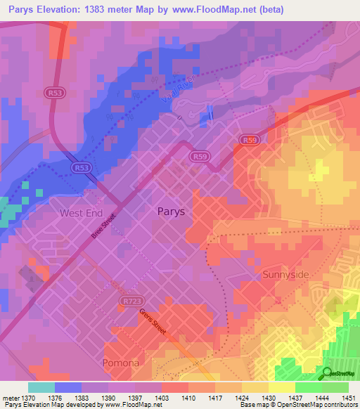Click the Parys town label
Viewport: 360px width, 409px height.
click(x=172, y=211)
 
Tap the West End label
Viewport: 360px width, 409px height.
click(x=82, y=213)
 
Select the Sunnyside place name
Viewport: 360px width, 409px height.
click(x=285, y=275)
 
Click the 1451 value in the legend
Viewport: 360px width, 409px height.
click(x=349, y=397)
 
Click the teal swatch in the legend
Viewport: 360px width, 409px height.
click(x=41, y=387)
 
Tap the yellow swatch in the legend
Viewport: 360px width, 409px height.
click(x=282, y=387)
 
